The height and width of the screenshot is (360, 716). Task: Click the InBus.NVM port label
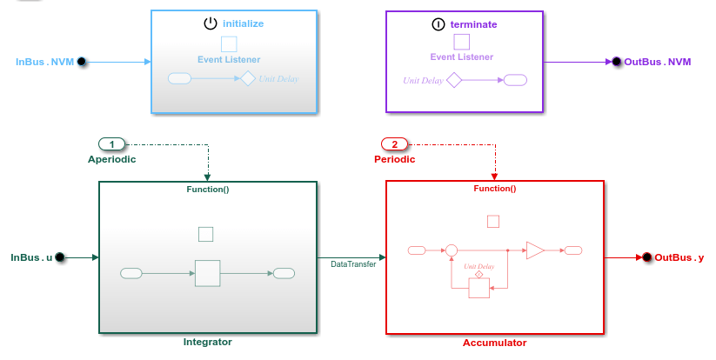[x=45, y=62]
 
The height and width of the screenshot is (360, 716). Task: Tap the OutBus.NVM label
[x=658, y=62]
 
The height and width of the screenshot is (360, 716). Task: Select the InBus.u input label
[x=31, y=257]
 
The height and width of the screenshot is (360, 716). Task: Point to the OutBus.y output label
[x=679, y=257]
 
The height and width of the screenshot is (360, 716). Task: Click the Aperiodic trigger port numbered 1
[x=111, y=143]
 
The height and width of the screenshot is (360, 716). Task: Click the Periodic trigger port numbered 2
[x=394, y=143]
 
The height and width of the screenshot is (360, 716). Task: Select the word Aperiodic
[x=111, y=159]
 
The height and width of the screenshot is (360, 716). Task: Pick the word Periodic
[x=394, y=159]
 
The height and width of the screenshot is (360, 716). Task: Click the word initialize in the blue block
[x=243, y=24]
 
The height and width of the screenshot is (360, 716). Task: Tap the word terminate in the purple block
[x=473, y=24]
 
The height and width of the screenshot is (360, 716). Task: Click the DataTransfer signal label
[x=353, y=263]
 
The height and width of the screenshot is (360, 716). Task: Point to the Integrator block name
[x=207, y=342]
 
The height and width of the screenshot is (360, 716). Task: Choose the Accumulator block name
[x=494, y=343]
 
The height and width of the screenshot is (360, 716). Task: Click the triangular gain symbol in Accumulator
[x=535, y=250]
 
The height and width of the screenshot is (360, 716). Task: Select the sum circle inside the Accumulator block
[x=451, y=250]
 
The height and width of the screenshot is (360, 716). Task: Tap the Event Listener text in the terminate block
[x=461, y=57]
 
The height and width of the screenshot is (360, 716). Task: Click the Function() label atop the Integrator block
[x=207, y=189]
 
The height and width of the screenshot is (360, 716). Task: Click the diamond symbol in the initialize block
[x=247, y=78]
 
